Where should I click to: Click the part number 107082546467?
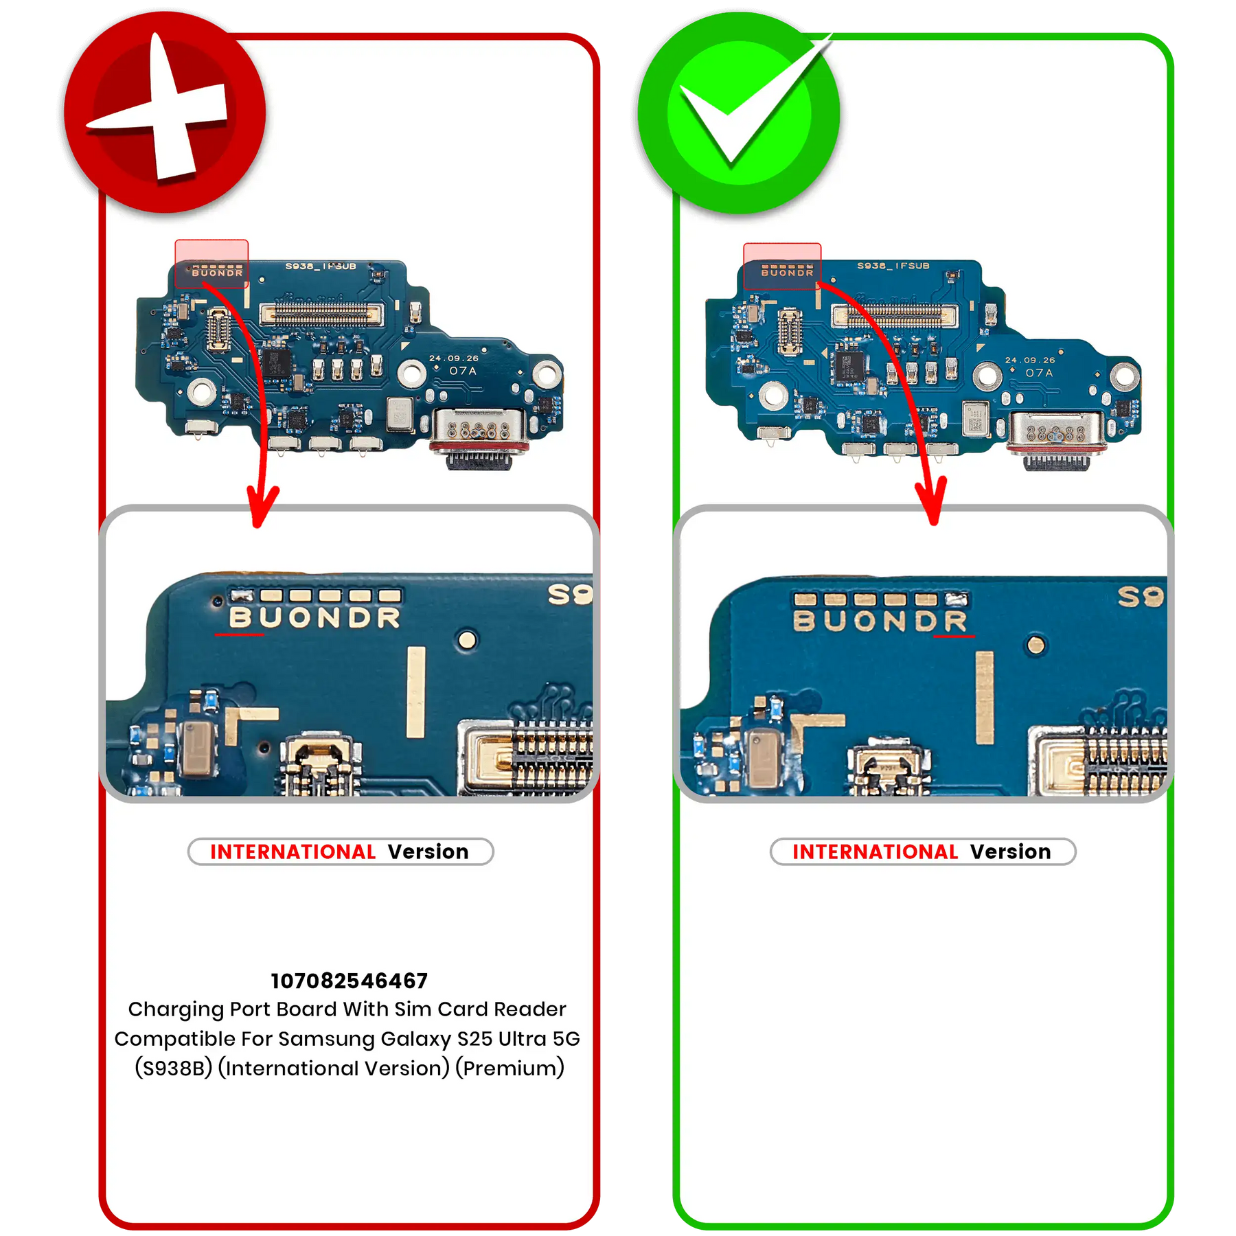(349, 981)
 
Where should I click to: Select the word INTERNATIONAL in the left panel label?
(293, 851)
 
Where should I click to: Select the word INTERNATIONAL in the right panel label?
(875, 851)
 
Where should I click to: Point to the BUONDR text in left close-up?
(314, 618)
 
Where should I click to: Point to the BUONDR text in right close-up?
(880, 621)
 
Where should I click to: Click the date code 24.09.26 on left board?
(453, 358)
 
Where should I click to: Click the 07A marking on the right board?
(1039, 373)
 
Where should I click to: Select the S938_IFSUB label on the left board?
(321, 266)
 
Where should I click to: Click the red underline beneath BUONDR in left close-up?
(239, 634)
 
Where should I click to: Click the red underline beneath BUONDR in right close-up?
(954, 637)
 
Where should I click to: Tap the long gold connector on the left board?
(321, 314)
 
